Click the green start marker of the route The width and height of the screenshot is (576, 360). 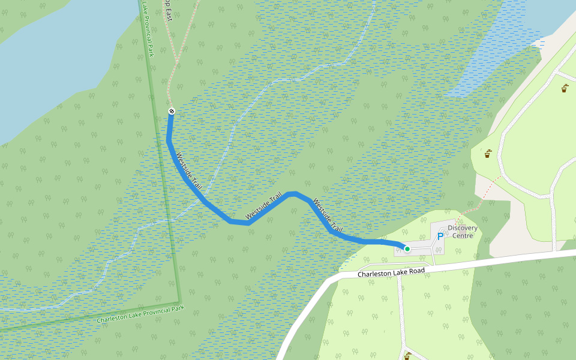(x=407, y=248)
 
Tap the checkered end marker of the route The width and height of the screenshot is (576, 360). (x=172, y=111)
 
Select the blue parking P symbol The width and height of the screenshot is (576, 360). (x=440, y=237)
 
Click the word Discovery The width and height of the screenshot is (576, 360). (x=463, y=228)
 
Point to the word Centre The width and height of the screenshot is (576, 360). (x=463, y=235)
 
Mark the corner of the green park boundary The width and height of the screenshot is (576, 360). (x=179, y=302)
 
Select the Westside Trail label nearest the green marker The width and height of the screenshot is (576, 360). (x=328, y=217)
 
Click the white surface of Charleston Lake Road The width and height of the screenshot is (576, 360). (x=510, y=259)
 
